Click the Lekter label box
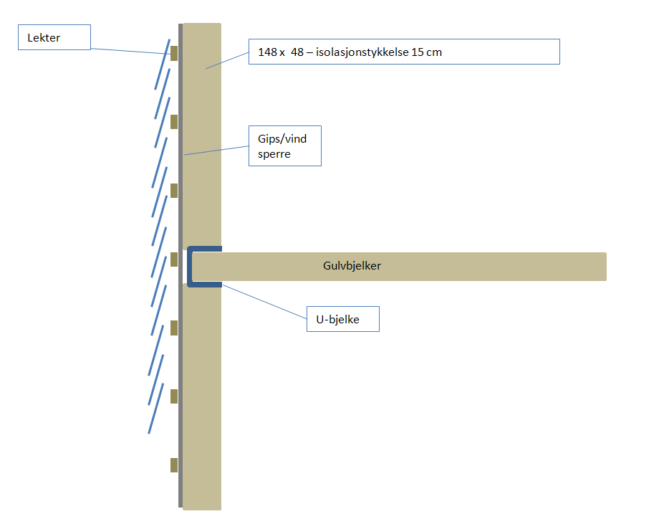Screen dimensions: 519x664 (x=54, y=37)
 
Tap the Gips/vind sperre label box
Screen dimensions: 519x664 (x=284, y=146)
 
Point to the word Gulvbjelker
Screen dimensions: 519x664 (x=352, y=266)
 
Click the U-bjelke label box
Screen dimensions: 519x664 (x=342, y=319)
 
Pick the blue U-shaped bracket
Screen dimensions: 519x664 (x=191, y=267)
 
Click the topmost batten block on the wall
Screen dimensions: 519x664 (x=174, y=53)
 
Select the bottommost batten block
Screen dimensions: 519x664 (x=174, y=465)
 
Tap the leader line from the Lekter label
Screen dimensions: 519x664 (x=129, y=51)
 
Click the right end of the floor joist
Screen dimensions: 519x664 (x=602, y=267)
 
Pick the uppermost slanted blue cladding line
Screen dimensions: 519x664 (x=163, y=65)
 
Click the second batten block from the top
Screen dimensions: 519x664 (x=174, y=122)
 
